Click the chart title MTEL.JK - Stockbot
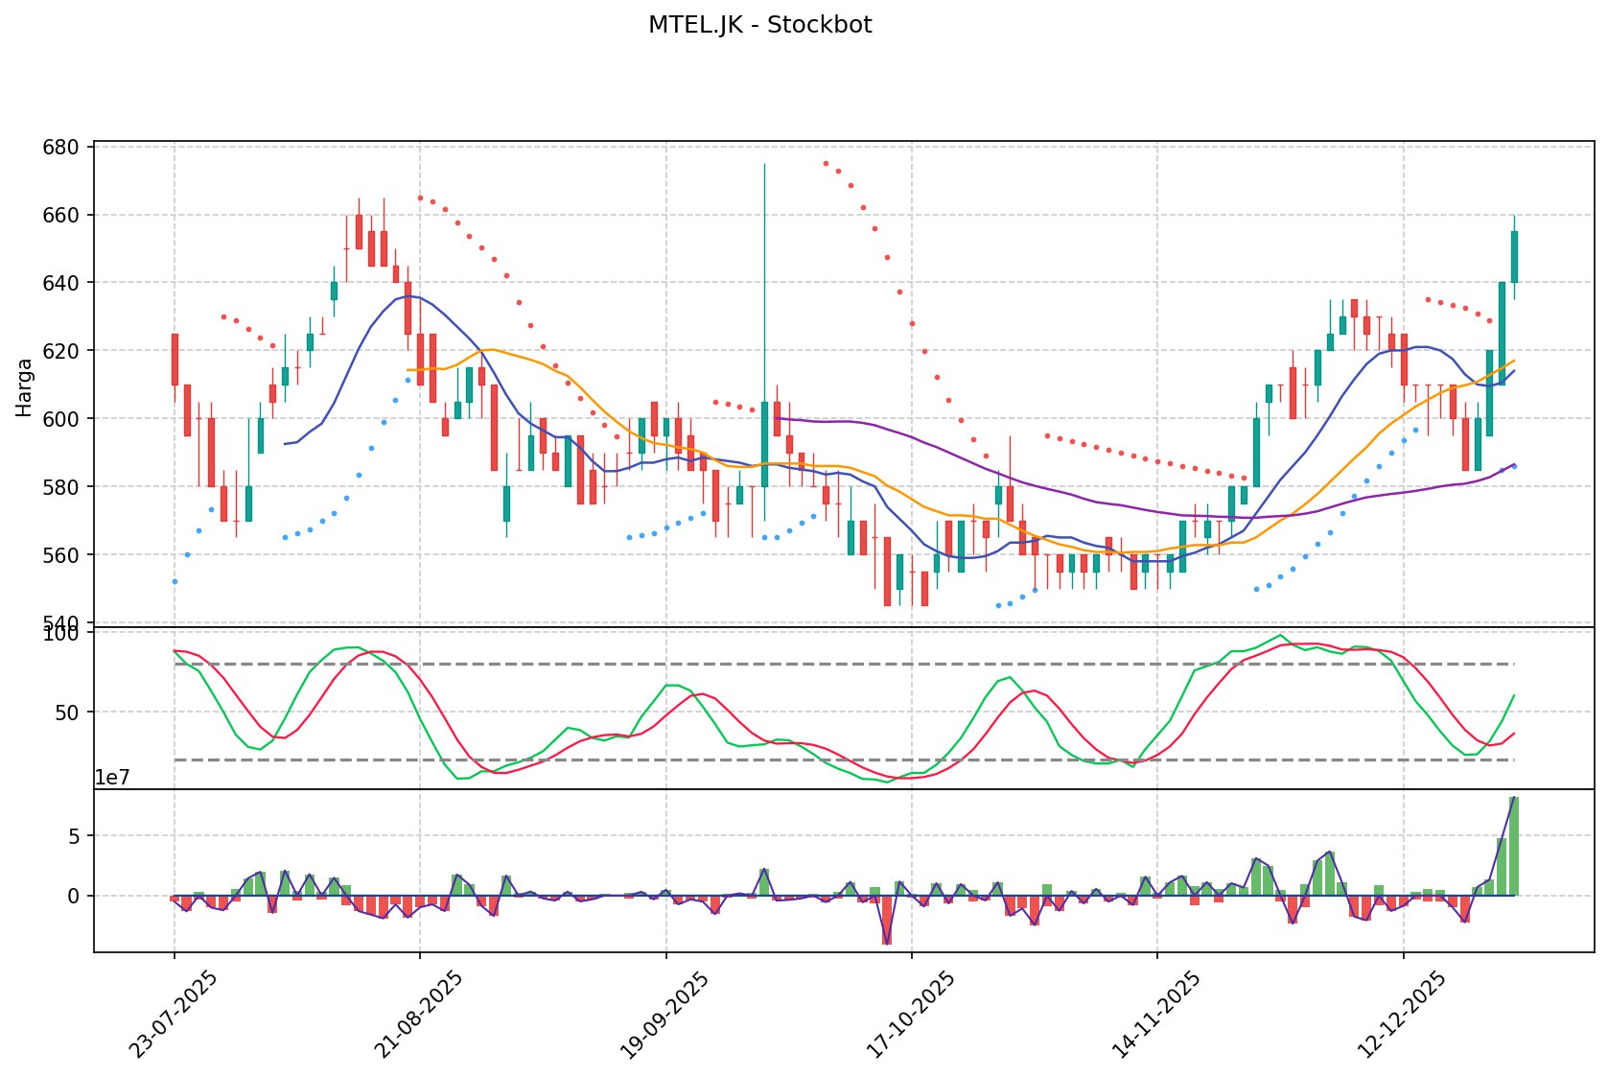pyautogui.click(x=759, y=26)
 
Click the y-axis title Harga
pyautogui.click(x=25, y=387)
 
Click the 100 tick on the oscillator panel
pyautogui.click(x=61, y=634)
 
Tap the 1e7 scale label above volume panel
pyautogui.click(x=111, y=778)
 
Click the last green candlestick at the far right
pyautogui.click(x=1514, y=257)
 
